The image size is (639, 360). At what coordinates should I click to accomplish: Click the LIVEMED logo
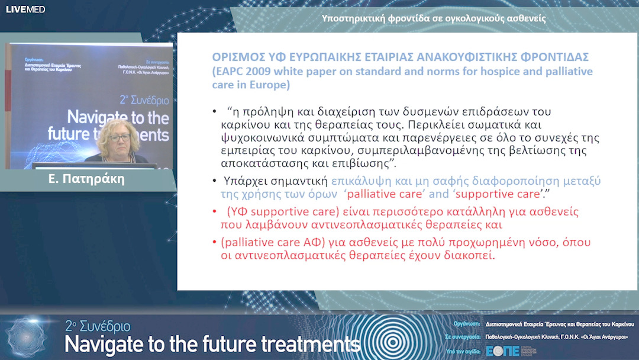(x=25, y=9)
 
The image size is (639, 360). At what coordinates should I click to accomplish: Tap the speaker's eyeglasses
(x=120, y=137)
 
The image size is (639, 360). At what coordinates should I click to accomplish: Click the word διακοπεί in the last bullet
(x=472, y=256)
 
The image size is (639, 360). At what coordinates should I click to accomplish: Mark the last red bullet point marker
(x=214, y=242)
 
